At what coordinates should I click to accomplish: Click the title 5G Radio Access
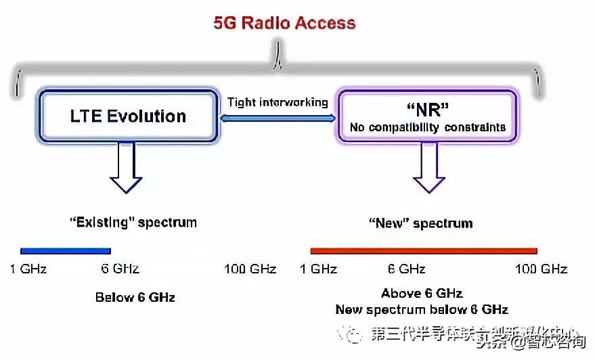tap(284, 22)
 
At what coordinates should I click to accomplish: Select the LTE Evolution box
tap(129, 116)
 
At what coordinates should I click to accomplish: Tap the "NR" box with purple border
tap(427, 116)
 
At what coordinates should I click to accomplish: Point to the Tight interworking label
tap(278, 103)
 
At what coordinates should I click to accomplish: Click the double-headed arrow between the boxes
tap(278, 118)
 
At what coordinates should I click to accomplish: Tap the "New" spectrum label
tap(420, 223)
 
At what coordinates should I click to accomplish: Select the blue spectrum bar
tap(65, 250)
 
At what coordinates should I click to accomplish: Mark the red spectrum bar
tap(423, 250)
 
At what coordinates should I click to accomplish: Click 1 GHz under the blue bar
tap(28, 269)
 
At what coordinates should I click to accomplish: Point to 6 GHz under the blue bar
tap(120, 269)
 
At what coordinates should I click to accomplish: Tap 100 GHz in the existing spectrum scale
tap(250, 269)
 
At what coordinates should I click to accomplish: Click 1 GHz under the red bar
tap(318, 269)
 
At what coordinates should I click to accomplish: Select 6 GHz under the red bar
tap(407, 269)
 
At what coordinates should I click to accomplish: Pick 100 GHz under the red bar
tap(541, 269)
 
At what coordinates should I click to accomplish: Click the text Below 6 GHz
tap(135, 297)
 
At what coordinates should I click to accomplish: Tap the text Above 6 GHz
tap(422, 294)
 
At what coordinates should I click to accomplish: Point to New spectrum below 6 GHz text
tap(422, 309)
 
